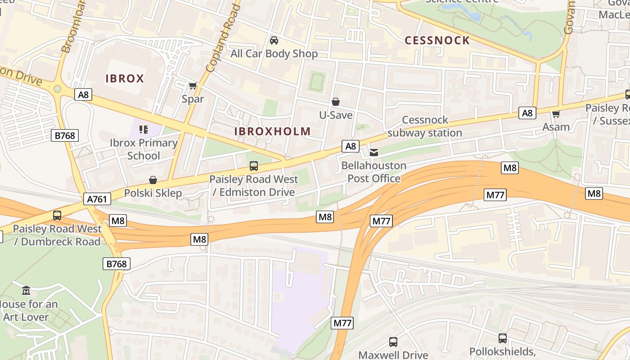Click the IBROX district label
point(125,78)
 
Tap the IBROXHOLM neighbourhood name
point(272,131)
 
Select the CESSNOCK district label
point(437,40)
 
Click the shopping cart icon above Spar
point(193,85)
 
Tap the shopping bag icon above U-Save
point(335,102)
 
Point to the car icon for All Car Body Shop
point(274,40)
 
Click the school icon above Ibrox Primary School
point(144,130)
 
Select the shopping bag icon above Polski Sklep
point(153,180)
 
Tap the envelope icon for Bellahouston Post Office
point(374,153)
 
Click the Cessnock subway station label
point(425,126)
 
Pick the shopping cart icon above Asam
point(556,114)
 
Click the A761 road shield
point(97,199)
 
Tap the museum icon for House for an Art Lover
point(26,291)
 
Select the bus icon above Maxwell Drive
point(393,342)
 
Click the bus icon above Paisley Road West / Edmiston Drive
point(254,166)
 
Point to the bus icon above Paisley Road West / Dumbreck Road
point(57,215)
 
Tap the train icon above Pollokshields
point(503,338)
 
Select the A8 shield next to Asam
point(527,112)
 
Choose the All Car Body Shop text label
point(274,54)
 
